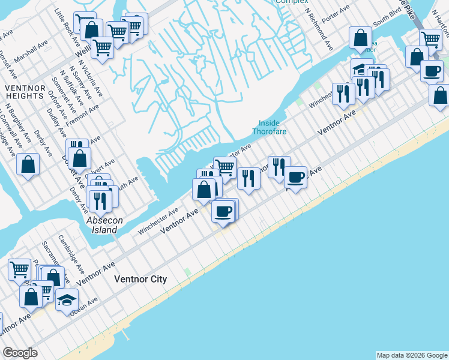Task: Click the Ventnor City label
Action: (x=140, y=280)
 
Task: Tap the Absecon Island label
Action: (x=104, y=225)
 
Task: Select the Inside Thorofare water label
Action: (x=269, y=127)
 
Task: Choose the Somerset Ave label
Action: (x=62, y=94)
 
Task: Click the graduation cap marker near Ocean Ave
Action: (x=67, y=299)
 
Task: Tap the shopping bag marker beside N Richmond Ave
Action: (x=361, y=37)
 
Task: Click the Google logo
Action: (x=20, y=353)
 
